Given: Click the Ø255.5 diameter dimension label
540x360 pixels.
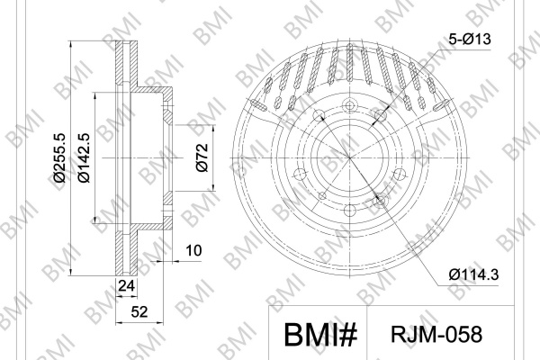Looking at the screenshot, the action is coord(58,157).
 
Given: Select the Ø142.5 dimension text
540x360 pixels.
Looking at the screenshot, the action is coord(84,157).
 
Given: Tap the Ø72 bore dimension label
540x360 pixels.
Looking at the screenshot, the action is coord(202,157).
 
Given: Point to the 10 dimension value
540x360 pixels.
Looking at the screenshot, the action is coord(193,250).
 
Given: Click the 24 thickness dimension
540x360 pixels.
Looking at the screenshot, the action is coord(126,285).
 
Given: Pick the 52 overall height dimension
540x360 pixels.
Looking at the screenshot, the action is coord(139,311).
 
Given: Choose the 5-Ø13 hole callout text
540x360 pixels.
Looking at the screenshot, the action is coord(470,39).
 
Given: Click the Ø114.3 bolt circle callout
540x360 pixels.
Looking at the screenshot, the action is coord(473,274).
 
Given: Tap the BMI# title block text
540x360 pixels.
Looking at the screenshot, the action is coord(320,335).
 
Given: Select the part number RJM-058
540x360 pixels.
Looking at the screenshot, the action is coord(436,334).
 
